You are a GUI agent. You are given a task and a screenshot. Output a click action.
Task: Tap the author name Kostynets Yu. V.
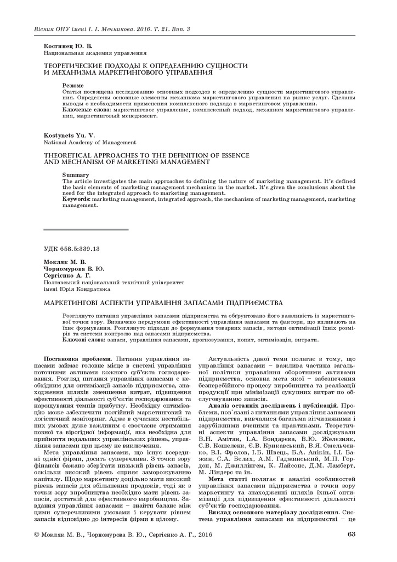coord(70,135)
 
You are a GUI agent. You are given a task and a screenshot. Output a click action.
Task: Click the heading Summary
coord(76,175)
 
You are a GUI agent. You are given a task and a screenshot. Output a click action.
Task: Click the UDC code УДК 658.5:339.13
coord(71,249)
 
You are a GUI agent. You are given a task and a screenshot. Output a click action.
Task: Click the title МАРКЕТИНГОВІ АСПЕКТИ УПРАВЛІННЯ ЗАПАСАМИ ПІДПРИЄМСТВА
coord(163,302)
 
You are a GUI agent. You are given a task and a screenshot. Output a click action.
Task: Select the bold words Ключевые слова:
coord(82,110)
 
